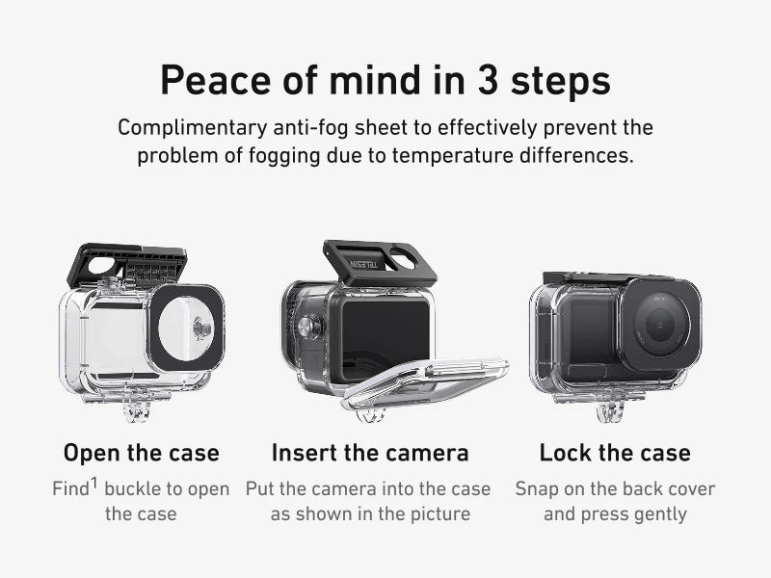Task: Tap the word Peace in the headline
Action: (x=216, y=80)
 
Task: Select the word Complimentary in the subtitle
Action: (x=192, y=128)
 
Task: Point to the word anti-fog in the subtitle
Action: (x=310, y=128)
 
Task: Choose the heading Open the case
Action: (x=141, y=453)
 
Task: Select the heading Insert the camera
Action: (x=370, y=453)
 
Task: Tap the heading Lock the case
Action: (x=615, y=453)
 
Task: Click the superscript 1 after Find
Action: (x=93, y=484)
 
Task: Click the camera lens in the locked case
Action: (x=659, y=325)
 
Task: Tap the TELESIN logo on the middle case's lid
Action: (x=364, y=264)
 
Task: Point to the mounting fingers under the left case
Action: (x=136, y=404)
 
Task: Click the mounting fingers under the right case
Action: (x=610, y=406)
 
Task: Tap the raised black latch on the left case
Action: (x=127, y=266)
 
